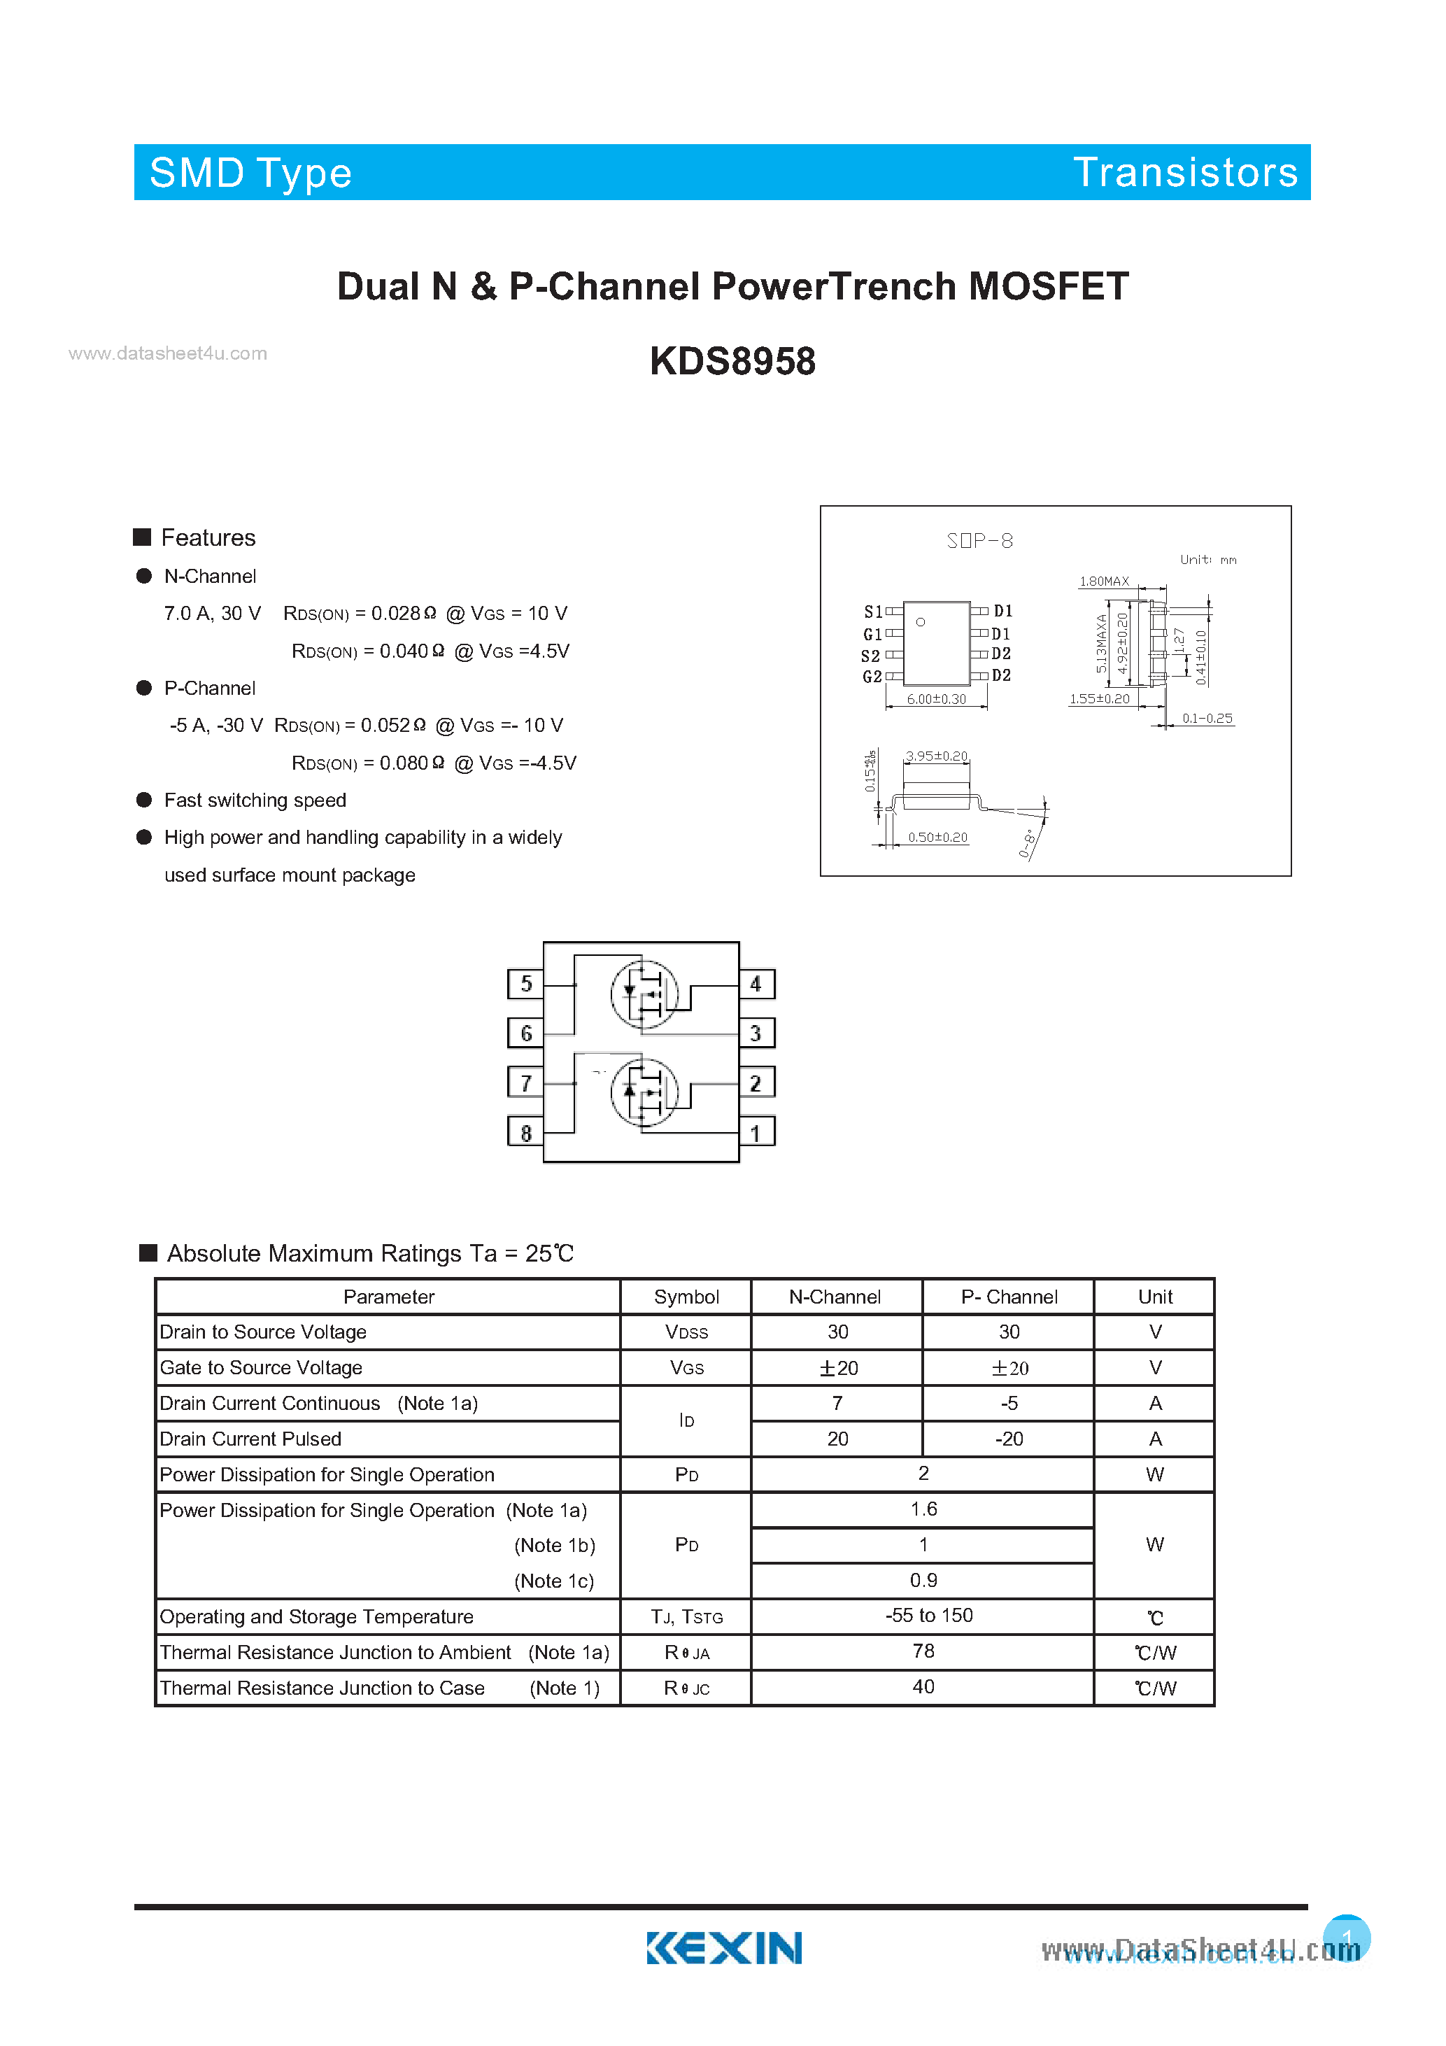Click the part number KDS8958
click(x=732, y=362)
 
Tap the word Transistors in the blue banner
click(x=1185, y=173)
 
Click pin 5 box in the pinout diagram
click(x=525, y=984)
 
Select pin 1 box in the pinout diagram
click(x=756, y=1134)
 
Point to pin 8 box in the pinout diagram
click(x=525, y=1134)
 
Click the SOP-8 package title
click(x=979, y=541)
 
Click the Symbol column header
click(x=686, y=1297)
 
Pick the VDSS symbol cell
click(x=686, y=1332)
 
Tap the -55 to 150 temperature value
click(x=928, y=1616)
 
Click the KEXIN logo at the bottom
click(x=723, y=1948)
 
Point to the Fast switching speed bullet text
click(x=255, y=800)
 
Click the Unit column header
click(x=1155, y=1297)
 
